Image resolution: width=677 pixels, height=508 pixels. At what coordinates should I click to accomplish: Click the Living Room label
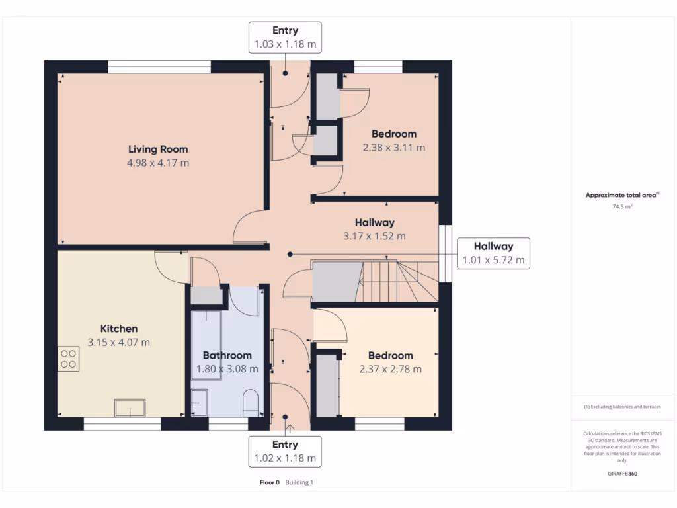point(158,149)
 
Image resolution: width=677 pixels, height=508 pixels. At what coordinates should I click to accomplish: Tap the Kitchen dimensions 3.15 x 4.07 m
point(119,342)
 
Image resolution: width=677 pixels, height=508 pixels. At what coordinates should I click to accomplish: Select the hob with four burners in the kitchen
point(68,359)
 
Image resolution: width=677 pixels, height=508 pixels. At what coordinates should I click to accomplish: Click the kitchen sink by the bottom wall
point(130,407)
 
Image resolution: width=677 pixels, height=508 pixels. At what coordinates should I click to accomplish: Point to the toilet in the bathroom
point(251,403)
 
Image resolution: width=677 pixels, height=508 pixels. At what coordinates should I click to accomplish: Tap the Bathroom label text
point(227,355)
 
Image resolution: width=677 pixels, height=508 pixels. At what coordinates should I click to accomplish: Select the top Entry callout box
point(285,38)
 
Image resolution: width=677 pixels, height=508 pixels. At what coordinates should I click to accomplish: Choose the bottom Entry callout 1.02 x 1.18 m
point(285,451)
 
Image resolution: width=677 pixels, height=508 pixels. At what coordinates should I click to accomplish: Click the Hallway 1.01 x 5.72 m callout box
point(493,253)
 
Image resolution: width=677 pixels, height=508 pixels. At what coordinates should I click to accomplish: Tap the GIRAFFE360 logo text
point(622,474)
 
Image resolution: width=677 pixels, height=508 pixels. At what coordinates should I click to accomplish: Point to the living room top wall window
point(159,67)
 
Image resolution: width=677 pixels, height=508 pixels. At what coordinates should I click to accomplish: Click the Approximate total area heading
point(621,195)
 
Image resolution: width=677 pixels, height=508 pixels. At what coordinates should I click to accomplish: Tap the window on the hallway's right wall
point(446,255)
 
